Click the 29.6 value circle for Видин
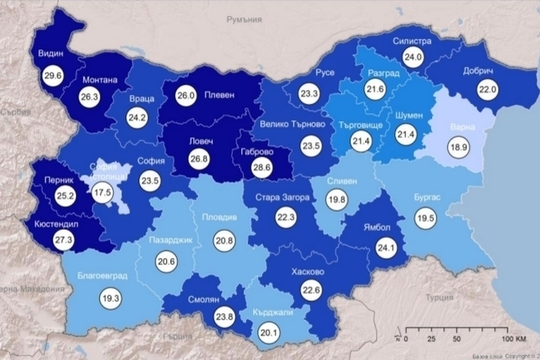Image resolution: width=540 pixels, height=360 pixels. [x=56, y=75]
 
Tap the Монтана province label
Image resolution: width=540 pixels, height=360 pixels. [x=101, y=80]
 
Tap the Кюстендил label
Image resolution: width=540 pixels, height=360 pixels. [x=59, y=222]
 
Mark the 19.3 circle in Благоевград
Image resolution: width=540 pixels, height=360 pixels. [x=110, y=299]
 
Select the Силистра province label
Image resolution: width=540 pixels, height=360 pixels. [x=412, y=38]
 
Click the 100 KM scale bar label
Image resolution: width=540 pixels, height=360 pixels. [x=512, y=337]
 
